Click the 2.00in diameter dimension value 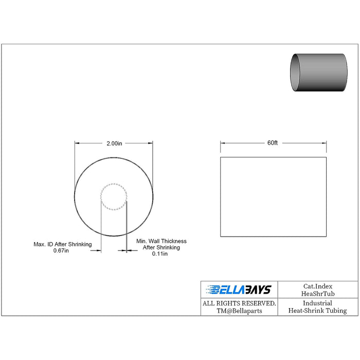[x=114, y=143]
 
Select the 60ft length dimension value [x=273, y=143]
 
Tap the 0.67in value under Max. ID [x=61, y=250]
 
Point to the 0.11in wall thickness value [x=160, y=254]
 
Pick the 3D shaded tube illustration [x=319, y=73]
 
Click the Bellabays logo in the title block [x=239, y=290]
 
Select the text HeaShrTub [x=318, y=294]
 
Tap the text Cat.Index [x=318, y=286]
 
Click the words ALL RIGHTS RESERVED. [x=239, y=303]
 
